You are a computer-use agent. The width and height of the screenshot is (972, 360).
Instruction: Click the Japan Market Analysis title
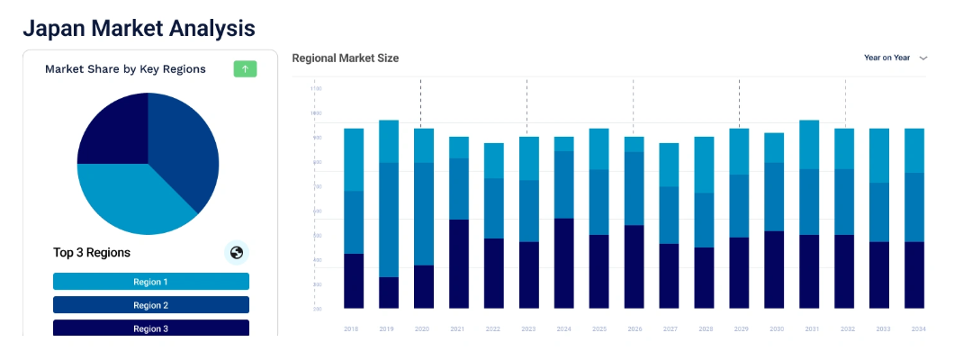click(x=139, y=28)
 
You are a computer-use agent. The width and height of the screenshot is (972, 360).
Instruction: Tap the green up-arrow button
click(x=245, y=69)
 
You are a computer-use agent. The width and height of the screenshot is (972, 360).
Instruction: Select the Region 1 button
click(x=151, y=282)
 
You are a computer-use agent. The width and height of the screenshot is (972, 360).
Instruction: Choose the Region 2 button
click(x=151, y=305)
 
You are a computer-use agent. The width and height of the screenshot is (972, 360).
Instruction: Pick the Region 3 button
click(x=151, y=328)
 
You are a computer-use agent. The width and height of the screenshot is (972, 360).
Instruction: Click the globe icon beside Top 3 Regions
click(x=237, y=253)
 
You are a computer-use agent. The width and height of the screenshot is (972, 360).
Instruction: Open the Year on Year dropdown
click(x=895, y=58)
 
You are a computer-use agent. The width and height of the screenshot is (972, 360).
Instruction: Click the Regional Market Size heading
click(x=345, y=58)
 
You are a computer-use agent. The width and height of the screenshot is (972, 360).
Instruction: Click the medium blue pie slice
click(x=184, y=144)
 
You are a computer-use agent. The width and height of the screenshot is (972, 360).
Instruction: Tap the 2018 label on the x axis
click(x=351, y=329)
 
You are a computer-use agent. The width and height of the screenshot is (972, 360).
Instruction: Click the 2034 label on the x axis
click(x=918, y=329)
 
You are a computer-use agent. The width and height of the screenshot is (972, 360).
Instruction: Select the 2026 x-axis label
click(x=634, y=329)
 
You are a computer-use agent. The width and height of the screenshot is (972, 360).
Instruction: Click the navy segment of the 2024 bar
click(x=564, y=263)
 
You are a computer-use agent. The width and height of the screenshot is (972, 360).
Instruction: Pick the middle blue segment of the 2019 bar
click(x=389, y=220)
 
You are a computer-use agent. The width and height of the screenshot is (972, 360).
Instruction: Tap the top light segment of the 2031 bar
click(x=809, y=144)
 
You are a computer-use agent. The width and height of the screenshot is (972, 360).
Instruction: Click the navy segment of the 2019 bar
click(x=389, y=292)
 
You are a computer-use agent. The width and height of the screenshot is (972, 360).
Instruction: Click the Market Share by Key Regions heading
click(x=125, y=69)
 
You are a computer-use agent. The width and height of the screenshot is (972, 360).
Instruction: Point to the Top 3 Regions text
click(x=92, y=253)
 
